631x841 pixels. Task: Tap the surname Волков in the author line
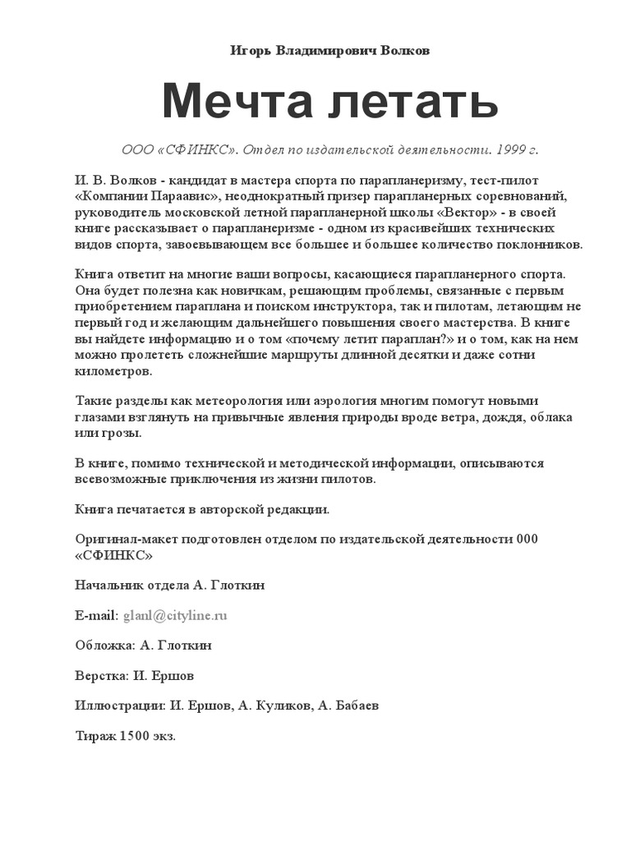click(x=404, y=51)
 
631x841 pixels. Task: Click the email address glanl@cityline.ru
click(x=175, y=615)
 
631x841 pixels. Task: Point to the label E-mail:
click(x=97, y=615)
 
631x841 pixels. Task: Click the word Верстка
click(x=99, y=675)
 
